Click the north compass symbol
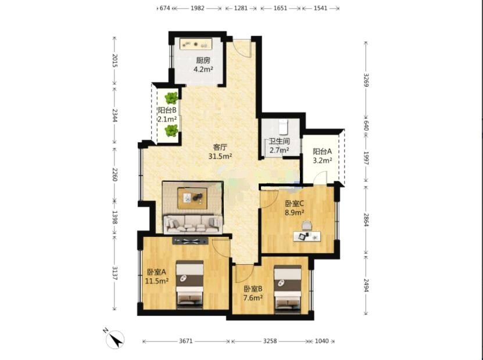pos(115,339)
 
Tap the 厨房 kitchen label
pos(203,60)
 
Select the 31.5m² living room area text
pos(220,156)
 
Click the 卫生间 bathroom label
pos(280,141)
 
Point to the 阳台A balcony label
pos(322,152)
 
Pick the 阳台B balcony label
pos(167,110)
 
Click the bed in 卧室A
pos(189,285)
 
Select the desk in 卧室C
pos(307,236)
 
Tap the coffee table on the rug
pos(192,198)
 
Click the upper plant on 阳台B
pos(171,98)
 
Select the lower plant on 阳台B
pos(171,131)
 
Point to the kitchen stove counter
pos(196,44)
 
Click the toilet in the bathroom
pos(284,127)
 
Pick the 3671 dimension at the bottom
pos(186,341)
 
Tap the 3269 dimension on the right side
pos(366,80)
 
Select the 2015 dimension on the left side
pos(115,60)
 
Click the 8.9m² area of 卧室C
pos(295,212)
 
